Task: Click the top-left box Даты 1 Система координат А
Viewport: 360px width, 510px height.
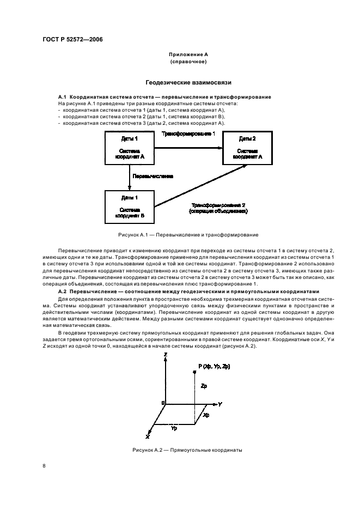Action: [129, 148]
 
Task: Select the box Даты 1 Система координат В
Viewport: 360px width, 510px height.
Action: [129, 207]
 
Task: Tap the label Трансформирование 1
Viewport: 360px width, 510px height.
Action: [188, 133]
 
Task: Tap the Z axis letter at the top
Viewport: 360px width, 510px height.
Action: [165, 355]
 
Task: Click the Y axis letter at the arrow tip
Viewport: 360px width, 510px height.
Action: [220, 404]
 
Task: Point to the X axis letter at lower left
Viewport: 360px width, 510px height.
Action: [147, 436]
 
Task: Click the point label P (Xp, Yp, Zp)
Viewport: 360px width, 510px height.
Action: [215, 367]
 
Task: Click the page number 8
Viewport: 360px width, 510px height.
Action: [44, 466]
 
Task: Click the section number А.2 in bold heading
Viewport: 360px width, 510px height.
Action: [63, 292]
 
